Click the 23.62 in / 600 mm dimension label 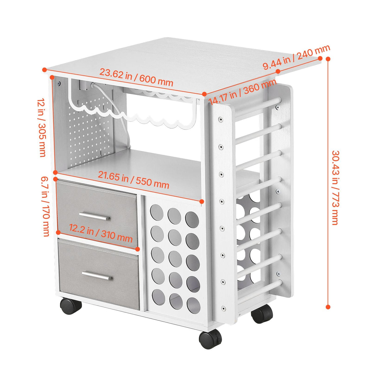click(136, 78)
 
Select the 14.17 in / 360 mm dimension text click(243, 92)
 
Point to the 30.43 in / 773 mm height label click(335, 187)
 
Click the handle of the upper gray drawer click(94, 216)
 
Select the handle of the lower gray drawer click(97, 276)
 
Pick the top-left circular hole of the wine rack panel click(157, 212)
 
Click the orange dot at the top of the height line click(328, 59)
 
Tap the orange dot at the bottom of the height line click(328, 307)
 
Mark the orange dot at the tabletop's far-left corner click(45, 70)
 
